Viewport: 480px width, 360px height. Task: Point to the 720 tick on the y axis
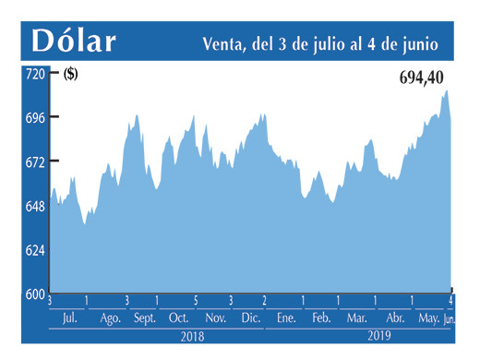coord(35,75)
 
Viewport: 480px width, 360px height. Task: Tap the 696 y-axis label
coord(35,117)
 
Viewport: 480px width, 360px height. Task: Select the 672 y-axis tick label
coord(35,162)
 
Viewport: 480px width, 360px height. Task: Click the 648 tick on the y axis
coord(35,206)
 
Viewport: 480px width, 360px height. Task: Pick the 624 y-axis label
coord(35,250)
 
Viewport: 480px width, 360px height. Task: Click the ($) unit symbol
coord(70,76)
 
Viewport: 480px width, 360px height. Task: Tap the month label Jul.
coord(68,318)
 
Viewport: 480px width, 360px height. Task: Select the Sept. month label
coord(144,318)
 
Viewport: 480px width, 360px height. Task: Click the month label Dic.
coord(250,318)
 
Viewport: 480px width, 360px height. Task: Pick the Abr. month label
coord(394,318)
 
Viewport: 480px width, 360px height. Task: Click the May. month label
coord(428,318)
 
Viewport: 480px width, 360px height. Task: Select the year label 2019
coord(380,338)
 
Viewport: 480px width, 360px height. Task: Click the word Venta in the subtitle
coord(224,43)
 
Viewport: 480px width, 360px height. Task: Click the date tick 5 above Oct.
coord(195,301)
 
